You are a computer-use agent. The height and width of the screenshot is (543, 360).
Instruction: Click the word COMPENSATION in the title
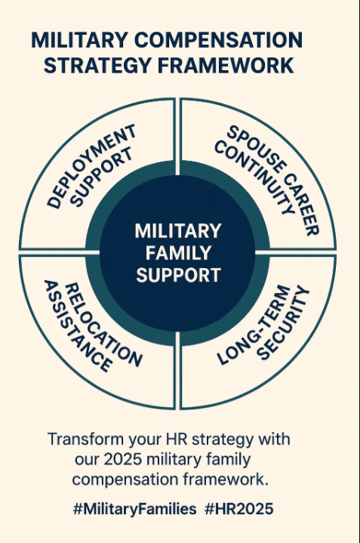coord(218,40)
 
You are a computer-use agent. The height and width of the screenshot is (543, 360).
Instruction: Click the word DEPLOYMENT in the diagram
coord(91,166)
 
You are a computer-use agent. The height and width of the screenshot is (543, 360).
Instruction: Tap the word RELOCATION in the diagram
coord(103,325)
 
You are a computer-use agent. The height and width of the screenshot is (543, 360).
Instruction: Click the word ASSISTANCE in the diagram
coord(78,326)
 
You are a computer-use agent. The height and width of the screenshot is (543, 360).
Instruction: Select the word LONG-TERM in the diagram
coord(254,325)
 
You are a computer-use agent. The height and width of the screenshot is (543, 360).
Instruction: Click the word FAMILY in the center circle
coord(178,253)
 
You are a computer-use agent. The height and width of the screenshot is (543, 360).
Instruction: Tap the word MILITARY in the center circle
coord(178,231)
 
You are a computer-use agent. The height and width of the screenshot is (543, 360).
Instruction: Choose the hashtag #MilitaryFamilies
coord(134,509)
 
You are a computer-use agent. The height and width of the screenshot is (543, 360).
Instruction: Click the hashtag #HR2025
coord(238,509)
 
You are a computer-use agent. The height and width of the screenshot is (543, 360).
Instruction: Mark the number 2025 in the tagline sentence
coord(123,459)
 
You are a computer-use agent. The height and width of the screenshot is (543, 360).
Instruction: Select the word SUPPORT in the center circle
coord(178,275)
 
